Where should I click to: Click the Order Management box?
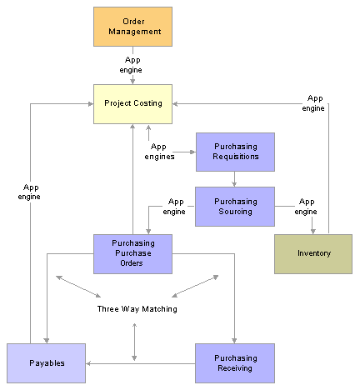pos(132,27)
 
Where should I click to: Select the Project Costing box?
pos(132,104)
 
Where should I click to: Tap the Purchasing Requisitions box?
pos(235,152)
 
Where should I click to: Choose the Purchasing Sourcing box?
pos(235,207)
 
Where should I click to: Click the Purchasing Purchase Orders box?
pos(132,254)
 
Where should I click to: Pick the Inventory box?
pos(313,254)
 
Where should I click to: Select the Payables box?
pos(46,363)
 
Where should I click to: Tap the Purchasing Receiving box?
pos(235,363)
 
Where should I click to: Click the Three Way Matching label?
pos(137,309)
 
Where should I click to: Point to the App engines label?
pos(159,152)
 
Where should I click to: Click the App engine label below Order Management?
pos(131,65)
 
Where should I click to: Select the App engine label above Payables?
pos(29,192)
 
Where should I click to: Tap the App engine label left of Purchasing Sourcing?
pos(174,207)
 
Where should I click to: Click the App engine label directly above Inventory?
pos(306,207)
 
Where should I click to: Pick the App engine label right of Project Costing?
pos(313,103)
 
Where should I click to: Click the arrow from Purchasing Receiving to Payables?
pos(141,363)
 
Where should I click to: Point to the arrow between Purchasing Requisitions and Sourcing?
pos(234,179)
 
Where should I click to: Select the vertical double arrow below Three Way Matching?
pos(134,342)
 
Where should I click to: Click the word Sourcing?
pos(235,212)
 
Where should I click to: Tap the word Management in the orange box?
pos(135,32)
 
